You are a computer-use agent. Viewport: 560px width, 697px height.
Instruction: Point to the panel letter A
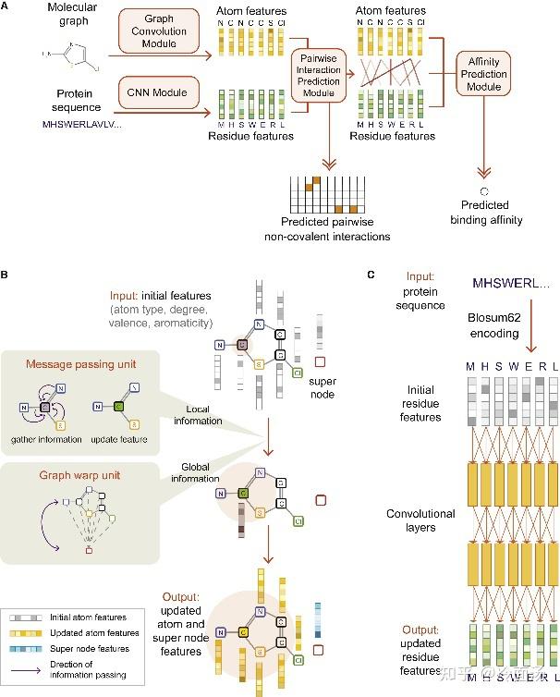coord(6,6)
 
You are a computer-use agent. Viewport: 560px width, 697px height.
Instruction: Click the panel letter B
coord(6,275)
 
